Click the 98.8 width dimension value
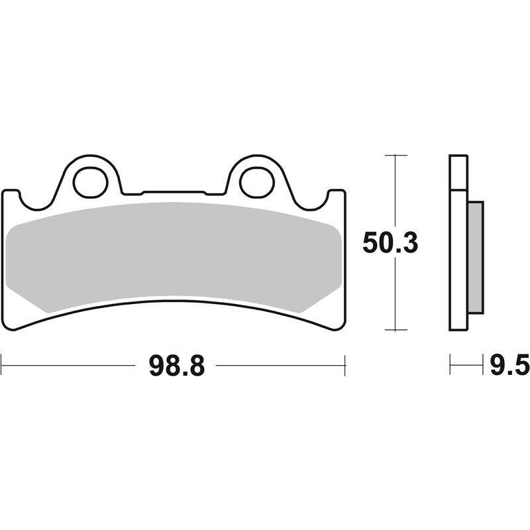coord(174,365)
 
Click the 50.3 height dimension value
coord(390,244)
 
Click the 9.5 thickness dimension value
coord(509,365)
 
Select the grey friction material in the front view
coord(176,255)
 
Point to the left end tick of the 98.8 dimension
coord(3,364)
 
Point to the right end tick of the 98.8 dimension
coord(345,364)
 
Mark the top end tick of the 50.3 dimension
coord(396,155)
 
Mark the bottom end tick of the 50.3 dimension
coord(396,330)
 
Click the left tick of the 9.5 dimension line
coord(450,364)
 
